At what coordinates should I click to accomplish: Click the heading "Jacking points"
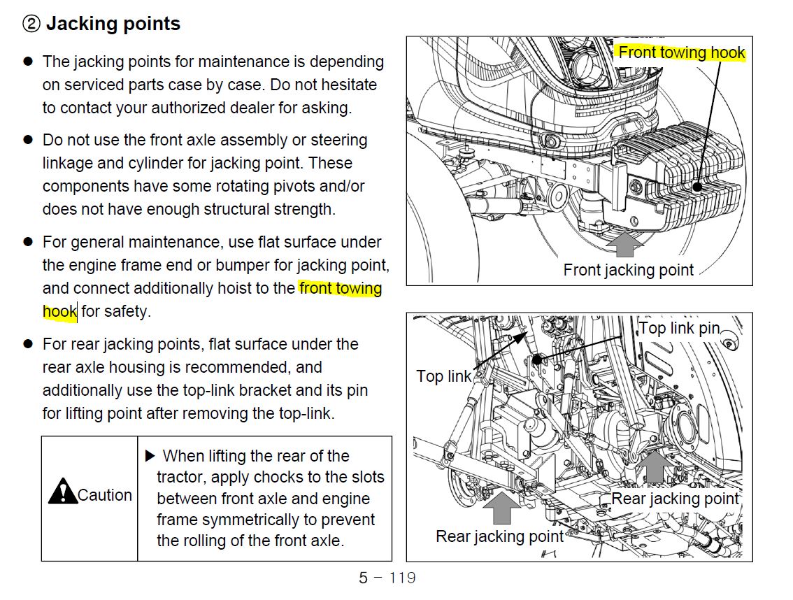[x=113, y=24]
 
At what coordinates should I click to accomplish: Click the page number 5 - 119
[x=387, y=578]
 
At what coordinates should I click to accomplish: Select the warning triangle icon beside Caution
[x=62, y=491]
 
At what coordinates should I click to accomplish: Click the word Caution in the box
[x=105, y=495]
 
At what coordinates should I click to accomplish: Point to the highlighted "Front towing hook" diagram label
[x=682, y=52]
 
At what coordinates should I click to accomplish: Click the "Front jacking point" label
[x=629, y=270]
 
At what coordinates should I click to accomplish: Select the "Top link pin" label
[x=679, y=327]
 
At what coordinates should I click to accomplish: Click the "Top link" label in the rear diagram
[x=444, y=376]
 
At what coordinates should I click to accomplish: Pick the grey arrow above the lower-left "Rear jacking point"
[x=501, y=507]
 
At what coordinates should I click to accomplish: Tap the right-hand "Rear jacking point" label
[x=675, y=499]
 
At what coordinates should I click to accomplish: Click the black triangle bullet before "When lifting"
[x=150, y=456]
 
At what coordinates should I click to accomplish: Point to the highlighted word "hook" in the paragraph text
[x=59, y=311]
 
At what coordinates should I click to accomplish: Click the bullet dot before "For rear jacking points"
[x=29, y=344]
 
